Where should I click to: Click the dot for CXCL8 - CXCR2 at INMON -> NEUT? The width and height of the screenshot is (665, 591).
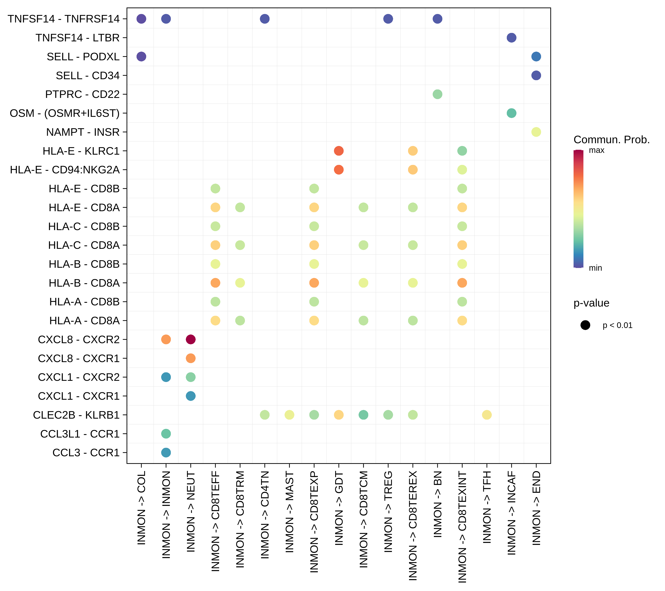click(x=191, y=340)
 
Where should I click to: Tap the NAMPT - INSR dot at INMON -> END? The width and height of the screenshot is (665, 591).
click(x=536, y=132)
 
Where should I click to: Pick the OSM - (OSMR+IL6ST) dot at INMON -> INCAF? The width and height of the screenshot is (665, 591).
click(x=512, y=113)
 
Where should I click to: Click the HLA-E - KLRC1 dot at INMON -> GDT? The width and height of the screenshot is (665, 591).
click(x=339, y=151)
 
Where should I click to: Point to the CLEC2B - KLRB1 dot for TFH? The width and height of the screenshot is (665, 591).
click(x=487, y=415)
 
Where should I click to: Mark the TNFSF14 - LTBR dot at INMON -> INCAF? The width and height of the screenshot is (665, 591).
click(x=512, y=38)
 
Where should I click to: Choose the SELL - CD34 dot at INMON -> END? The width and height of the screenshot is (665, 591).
click(x=536, y=75)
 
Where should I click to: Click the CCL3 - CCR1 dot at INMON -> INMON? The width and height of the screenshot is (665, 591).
click(x=166, y=453)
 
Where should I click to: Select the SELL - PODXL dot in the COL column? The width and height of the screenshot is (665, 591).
click(x=141, y=57)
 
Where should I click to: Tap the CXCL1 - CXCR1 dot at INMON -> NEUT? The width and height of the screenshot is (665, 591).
click(x=191, y=396)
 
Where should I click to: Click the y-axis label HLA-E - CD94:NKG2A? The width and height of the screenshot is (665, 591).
click(x=65, y=170)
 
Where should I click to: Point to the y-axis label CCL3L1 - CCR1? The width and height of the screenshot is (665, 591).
click(x=80, y=434)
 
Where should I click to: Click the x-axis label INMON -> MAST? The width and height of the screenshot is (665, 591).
click(x=289, y=512)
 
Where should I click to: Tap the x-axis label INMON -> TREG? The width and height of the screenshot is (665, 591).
click(x=388, y=512)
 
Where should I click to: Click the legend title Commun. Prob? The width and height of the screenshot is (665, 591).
click(x=611, y=140)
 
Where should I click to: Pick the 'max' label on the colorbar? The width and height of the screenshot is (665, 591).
click(x=596, y=150)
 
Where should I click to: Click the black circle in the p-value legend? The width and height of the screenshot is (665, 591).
click(x=585, y=325)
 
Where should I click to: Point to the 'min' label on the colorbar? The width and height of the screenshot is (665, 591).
click(x=595, y=268)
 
